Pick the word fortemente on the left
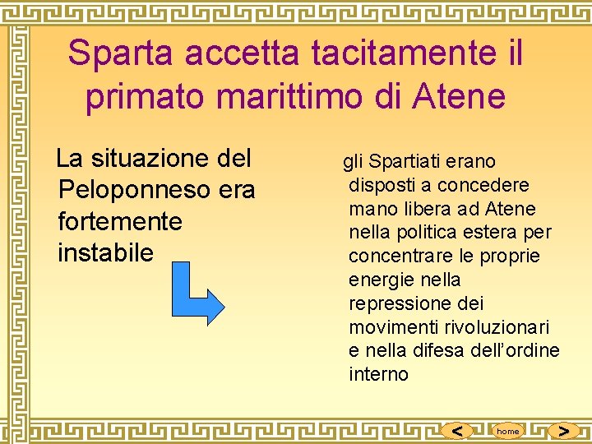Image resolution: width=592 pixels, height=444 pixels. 120,221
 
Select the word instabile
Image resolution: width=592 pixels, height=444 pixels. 106,252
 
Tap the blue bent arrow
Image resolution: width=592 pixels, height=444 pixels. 201,294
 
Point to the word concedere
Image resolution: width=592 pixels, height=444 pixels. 483,185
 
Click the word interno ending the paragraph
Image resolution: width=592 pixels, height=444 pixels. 378,375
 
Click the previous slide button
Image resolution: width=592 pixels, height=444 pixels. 457,430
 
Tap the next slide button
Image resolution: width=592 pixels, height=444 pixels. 563,430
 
